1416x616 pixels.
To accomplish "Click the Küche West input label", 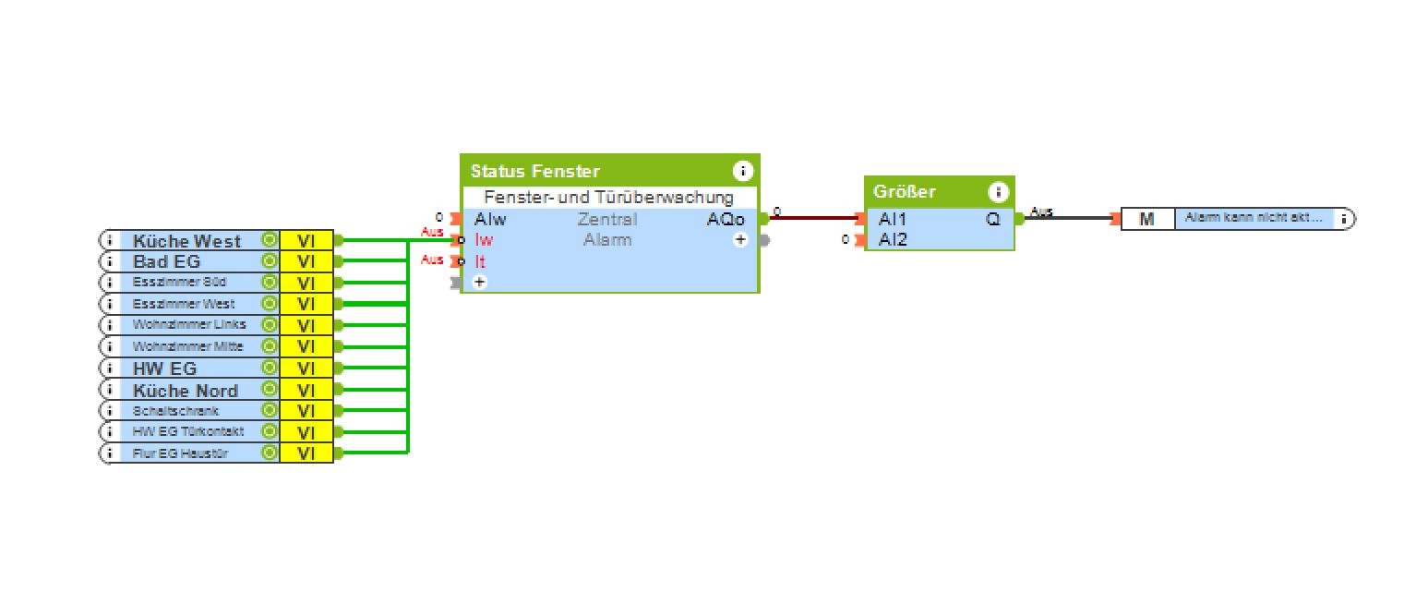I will click(186, 241).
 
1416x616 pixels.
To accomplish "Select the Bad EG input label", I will click(167, 261).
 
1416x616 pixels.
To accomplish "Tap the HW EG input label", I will click(164, 368).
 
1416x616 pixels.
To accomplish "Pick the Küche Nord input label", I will click(185, 390).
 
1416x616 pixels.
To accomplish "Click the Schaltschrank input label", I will click(175, 411).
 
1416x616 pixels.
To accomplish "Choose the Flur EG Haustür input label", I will click(180, 453).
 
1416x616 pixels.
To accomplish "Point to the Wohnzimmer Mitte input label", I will click(187, 346).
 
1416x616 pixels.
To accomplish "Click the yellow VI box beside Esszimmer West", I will click(306, 304).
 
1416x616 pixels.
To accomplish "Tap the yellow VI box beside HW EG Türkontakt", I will click(306, 432).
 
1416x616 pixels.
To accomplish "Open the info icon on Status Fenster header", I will click(742, 171).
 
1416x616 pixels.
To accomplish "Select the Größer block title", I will click(905, 192).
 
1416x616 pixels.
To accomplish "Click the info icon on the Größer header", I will click(998, 192).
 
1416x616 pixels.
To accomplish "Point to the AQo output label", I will click(726, 220).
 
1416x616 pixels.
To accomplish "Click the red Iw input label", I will click(484, 240).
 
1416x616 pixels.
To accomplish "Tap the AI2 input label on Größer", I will click(893, 240).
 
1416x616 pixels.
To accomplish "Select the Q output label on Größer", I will click(993, 220).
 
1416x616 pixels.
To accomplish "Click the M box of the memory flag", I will click(1147, 220).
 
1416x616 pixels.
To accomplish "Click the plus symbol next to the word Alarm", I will click(740, 240).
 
